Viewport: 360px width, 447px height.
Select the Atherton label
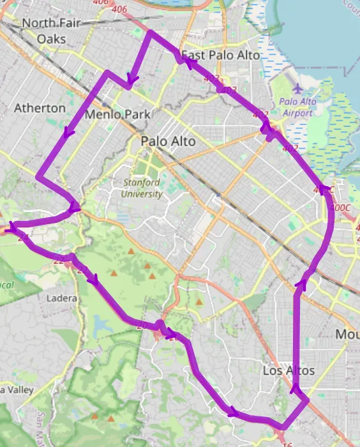[40, 108]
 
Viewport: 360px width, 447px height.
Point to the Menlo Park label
[117, 115]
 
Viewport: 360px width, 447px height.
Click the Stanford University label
[142, 188]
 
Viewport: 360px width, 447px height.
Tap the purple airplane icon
[298, 88]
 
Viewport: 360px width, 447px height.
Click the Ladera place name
[63, 298]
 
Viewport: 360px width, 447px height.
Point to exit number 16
[287, 441]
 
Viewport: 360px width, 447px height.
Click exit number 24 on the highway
[24, 238]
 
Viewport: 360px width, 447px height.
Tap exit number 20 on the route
[142, 326]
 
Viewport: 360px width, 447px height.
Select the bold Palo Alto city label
[169, 140]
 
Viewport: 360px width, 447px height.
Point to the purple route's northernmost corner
[150, 32]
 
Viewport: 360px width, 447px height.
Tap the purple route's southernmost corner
[282, 427]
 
